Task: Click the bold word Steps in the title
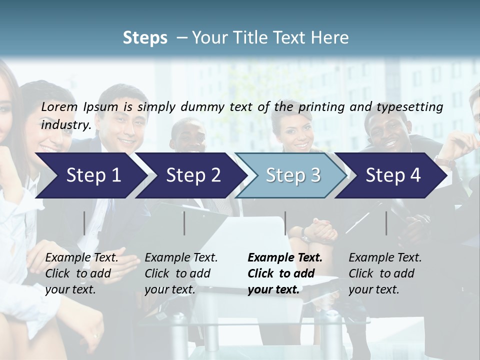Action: pos(145,38)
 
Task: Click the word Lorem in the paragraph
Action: pos(59,106)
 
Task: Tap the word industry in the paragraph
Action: pos(65,125)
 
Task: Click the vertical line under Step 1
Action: pos(84,223)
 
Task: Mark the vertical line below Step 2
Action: pos(184,223)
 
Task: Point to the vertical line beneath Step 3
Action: pos(285,223)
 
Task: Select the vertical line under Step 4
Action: pos(386,223)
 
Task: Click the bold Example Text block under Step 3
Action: pos(284,273)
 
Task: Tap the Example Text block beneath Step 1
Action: pos(81,273)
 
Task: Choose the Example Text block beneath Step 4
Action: pos(384,273)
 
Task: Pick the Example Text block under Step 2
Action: pos(180,273)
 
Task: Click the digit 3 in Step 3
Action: pos(315,175)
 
